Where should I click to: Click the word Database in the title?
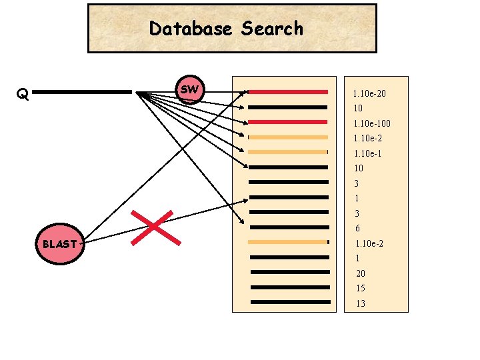coord(191,29)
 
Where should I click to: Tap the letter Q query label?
coord(23,93)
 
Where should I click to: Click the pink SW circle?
coord(190,89)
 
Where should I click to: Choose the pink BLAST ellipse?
coord(59,244)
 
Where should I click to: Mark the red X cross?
coord(157,227)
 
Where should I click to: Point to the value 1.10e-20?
coord(369,94)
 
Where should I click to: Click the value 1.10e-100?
coord(372,124)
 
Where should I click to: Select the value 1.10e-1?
coord(367,154)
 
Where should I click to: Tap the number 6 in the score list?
coord(357,229)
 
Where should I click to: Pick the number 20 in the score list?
coord(360,273)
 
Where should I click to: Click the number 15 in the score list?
coord(360,289)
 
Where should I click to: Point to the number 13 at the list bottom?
coord(360,304)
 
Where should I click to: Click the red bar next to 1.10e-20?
coord(288,92)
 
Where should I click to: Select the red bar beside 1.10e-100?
coord(288,122)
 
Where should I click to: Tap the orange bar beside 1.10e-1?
coord(288,152)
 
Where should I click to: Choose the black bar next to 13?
coord(290,302)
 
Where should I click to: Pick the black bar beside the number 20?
coord(290,272)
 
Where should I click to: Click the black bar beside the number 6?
coord(289,227)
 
